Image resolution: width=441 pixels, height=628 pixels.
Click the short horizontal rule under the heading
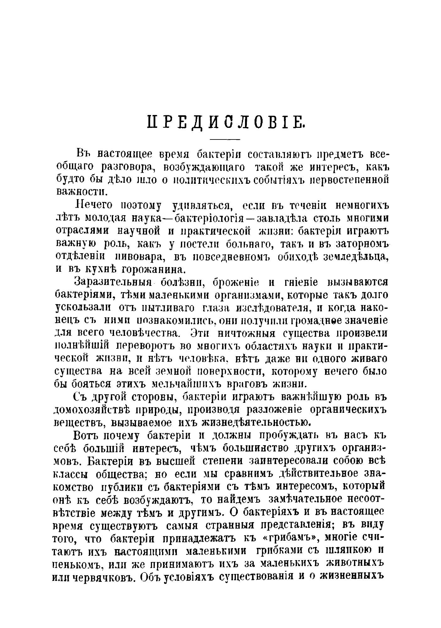[x=225, y=139]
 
